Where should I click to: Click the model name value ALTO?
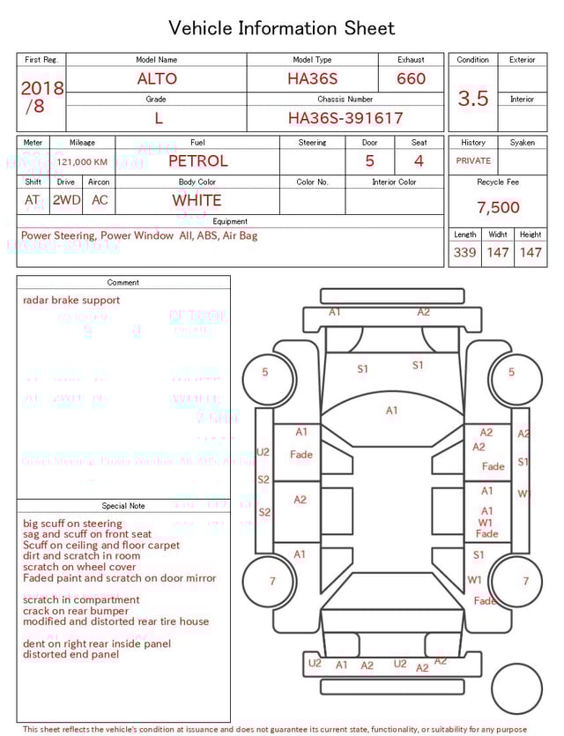tap(157, 78)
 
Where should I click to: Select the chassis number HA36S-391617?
tap(345, 117)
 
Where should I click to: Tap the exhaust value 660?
tap(411, 78)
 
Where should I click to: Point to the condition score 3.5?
tap(473, 99)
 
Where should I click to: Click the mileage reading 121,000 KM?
tap(82, 162)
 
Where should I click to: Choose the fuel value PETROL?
tap(197, 161)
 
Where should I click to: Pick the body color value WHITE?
tap(197, 200)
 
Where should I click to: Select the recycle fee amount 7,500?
tap(498, 208)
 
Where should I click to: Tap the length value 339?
tap(464, 253)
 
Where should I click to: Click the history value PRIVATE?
tap(473, 161)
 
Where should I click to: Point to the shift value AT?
tap(33, 200)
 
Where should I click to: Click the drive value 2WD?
tap(66, 200)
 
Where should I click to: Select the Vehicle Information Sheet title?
tap(282, 28)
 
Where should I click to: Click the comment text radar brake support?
tap(71, 301)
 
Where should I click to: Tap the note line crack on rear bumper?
tap(76, 611)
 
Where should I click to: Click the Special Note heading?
tap(123, 506)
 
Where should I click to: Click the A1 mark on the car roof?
tap(391, 410)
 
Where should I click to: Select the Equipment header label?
tap(230, 221)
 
